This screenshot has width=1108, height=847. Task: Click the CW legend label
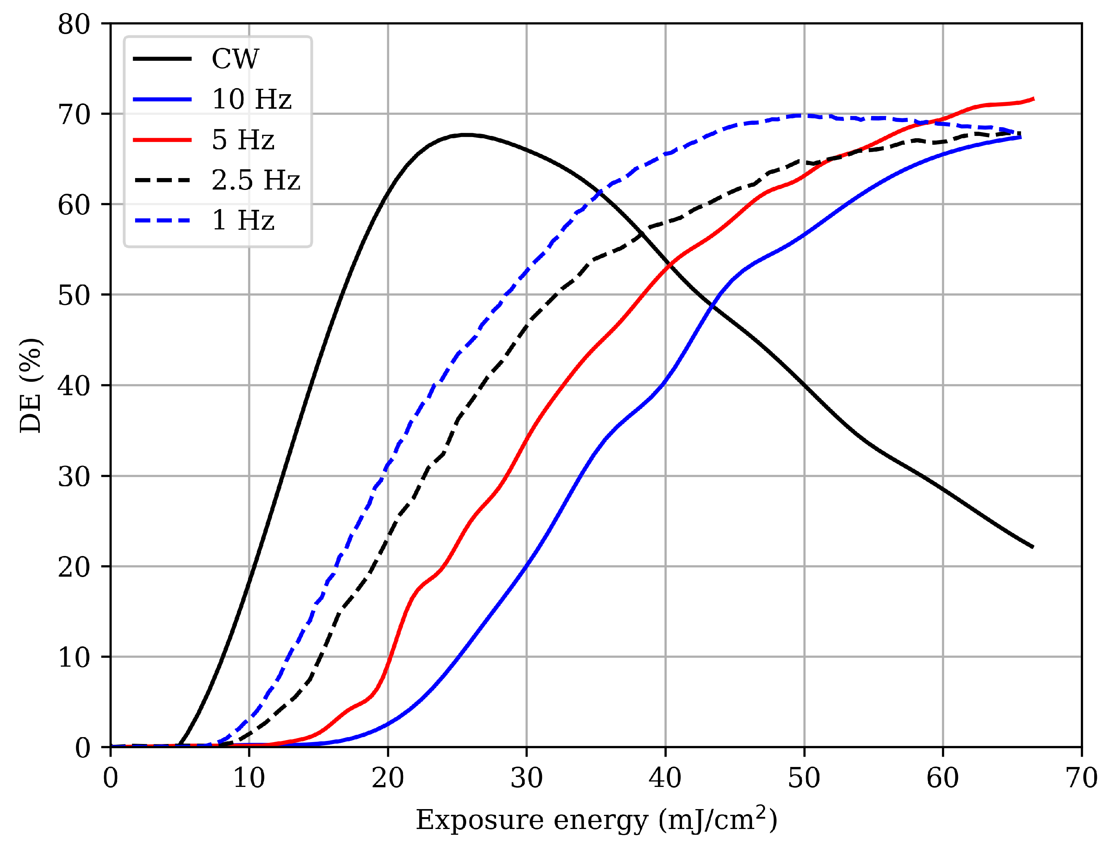point(235,59)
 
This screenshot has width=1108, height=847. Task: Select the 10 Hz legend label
point(251,99)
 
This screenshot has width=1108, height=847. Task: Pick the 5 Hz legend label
point(243,140)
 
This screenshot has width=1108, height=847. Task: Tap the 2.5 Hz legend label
point(255,180)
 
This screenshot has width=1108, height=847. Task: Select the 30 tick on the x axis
point(527,778)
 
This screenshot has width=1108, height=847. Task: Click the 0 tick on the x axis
point(110,778)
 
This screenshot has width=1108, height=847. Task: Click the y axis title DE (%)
point(30,386)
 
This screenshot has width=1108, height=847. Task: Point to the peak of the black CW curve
point(467,135)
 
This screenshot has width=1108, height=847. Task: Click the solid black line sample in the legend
point(162,59)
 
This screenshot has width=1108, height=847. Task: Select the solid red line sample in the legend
point(162,140)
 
